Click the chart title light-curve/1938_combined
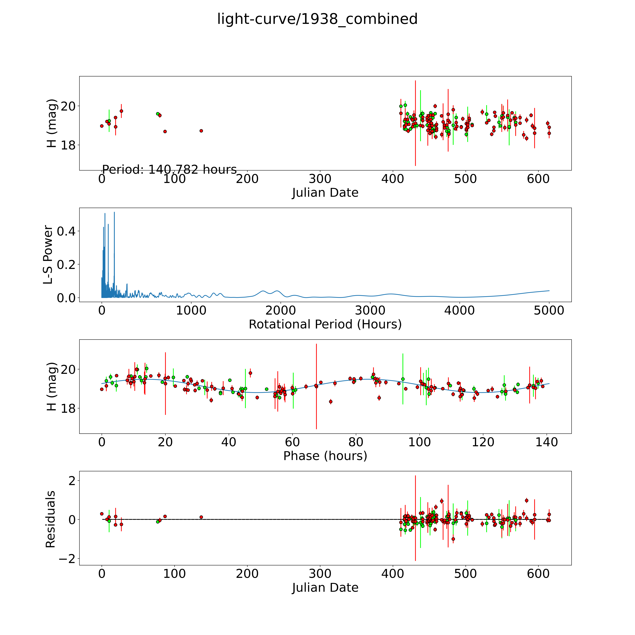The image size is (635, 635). coord(317,19)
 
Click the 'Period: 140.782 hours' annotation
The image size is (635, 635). coord(169,170)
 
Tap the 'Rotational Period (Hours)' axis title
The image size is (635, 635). coord(325,324)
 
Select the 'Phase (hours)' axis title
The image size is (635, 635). coord(325,456)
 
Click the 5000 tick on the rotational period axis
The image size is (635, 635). coord(549,311)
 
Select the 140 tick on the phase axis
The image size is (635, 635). coord(547,442)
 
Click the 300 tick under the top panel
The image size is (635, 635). coord(320,179)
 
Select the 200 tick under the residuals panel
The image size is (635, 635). coord(247,573)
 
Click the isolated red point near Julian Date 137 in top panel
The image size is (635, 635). coord(201,131)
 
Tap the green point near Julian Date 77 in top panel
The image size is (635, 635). coord(157,114)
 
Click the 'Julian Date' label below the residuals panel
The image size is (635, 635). coord(325,587)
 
